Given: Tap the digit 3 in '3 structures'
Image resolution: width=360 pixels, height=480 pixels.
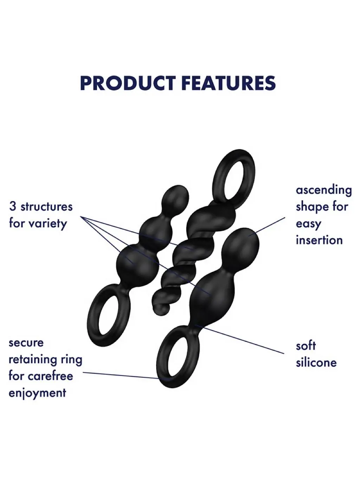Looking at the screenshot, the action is pos(13,206).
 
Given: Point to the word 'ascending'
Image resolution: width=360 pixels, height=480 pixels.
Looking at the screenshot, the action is pos(324,190).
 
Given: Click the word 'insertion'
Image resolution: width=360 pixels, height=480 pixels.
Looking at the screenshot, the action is pos(319,240).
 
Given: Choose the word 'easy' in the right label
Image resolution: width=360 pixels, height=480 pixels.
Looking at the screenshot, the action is pos(308,224).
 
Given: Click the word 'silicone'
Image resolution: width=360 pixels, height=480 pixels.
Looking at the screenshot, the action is pos(316,363).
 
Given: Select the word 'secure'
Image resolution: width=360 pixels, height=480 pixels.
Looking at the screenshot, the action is pos(26,343).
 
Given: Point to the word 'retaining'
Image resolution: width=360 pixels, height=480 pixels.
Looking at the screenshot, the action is pos(32,359).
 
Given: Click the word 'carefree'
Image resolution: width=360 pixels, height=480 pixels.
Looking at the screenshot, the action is pos(51,376).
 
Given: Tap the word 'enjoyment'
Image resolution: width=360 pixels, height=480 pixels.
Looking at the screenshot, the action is pos(37,394).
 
